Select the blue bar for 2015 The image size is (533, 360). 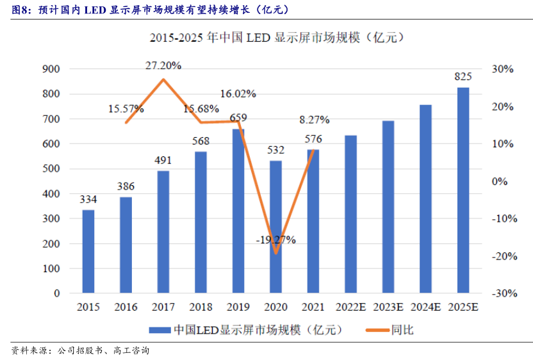click(x=88, y=252)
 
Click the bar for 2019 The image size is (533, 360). click(x=238, y=211)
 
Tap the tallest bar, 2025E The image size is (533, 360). click(x=463, y=190)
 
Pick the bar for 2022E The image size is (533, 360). click(x=350, y=215)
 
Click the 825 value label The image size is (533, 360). click(x=463, y=77)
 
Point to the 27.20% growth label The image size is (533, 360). click(x=163, y=65)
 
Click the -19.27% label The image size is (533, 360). click(x=275, y=240)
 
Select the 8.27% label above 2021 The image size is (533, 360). click(x=314, y=120)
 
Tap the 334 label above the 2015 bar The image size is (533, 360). click(x=88, y=199)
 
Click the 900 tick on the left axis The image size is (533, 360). click(x=50, y=69)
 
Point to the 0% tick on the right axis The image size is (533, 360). click(x=500, y=181)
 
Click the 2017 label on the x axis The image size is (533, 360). click(x=163, y=307)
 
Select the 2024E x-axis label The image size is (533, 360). click(x=425, y=307)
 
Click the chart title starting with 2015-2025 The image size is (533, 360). click(x=277, y=38)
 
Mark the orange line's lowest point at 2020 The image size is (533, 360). click(x=276, y=253)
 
